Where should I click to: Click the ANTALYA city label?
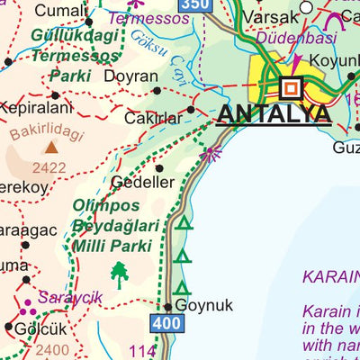click(274, 115)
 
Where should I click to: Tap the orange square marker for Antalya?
click(292, 89)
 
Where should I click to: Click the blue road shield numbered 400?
click(166, 322)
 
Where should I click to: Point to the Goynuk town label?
click(203, 305)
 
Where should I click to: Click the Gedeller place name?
click(142, 182)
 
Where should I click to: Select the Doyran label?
click(130, 76)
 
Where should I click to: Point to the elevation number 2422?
click(49, 167)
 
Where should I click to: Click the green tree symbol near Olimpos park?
click(119, 273)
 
